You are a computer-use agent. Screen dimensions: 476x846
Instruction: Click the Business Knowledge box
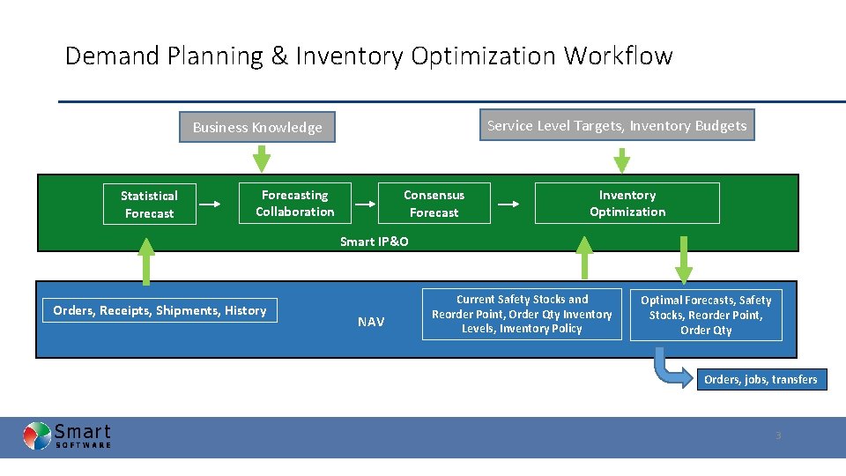(257, 127)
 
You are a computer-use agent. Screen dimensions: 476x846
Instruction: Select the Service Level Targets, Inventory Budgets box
(616, 125)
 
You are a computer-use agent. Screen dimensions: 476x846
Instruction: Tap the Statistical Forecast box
(149, 205)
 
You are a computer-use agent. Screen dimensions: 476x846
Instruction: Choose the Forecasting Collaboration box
(295, 204)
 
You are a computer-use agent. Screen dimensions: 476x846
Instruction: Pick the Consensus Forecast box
(434, 204)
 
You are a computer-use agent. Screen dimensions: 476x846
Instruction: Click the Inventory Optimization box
(627, 204)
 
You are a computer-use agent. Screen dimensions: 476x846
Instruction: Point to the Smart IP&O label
(374, 242)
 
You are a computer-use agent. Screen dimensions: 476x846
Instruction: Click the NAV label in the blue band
(371, 322)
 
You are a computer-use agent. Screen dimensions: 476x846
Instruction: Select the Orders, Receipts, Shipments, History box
(160, 310)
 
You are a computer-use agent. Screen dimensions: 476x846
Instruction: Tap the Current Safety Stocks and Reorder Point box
(522, 314)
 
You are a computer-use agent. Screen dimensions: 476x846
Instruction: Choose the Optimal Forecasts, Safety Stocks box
(705, 315)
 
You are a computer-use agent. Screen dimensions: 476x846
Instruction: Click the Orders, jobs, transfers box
(760, 380)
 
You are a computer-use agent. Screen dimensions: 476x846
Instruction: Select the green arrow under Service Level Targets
(621, 160)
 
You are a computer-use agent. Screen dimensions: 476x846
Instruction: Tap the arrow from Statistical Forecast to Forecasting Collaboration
(210, 204)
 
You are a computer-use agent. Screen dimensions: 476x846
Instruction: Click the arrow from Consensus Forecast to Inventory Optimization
(508, 204)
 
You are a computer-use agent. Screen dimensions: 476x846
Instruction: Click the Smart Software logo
(67, 435)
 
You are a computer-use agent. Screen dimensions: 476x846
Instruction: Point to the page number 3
(777, 435)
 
